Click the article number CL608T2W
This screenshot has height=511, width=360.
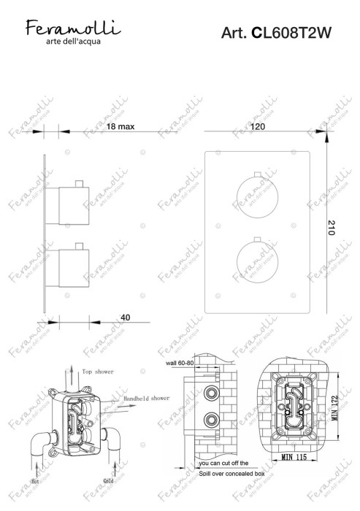(x=283, y=33)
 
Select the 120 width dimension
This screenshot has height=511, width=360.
(x=257, y=127)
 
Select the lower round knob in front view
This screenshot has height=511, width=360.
(x=256, y=265)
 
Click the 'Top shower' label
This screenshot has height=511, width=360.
(x=99, y=371)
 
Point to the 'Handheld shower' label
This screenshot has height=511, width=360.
(x=146, y=398)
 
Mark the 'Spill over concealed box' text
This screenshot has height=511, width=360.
(x=231, y=474)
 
